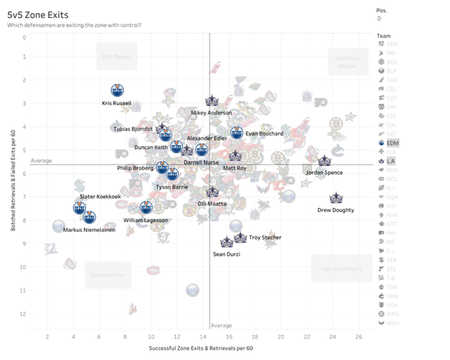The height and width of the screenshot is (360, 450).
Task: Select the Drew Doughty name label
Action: click(335, 210)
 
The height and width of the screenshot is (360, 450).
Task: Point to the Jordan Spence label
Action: click(324, 173)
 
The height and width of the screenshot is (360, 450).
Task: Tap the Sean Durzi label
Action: click(226, 254)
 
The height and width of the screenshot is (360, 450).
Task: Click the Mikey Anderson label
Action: click(212, 113)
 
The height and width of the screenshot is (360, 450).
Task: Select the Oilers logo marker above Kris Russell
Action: click(119, 91)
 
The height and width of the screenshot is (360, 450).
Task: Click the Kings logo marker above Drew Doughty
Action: click(335, 198)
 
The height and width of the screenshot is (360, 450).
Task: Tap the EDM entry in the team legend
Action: click(392, 143)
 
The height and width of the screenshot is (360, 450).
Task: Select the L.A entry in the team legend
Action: click(391, 160)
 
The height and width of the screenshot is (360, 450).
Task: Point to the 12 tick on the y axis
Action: click(24, 314)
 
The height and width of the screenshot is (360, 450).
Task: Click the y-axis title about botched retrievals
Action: click(14, 181)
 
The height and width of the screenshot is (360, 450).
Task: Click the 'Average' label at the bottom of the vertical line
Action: click(221, 325)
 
